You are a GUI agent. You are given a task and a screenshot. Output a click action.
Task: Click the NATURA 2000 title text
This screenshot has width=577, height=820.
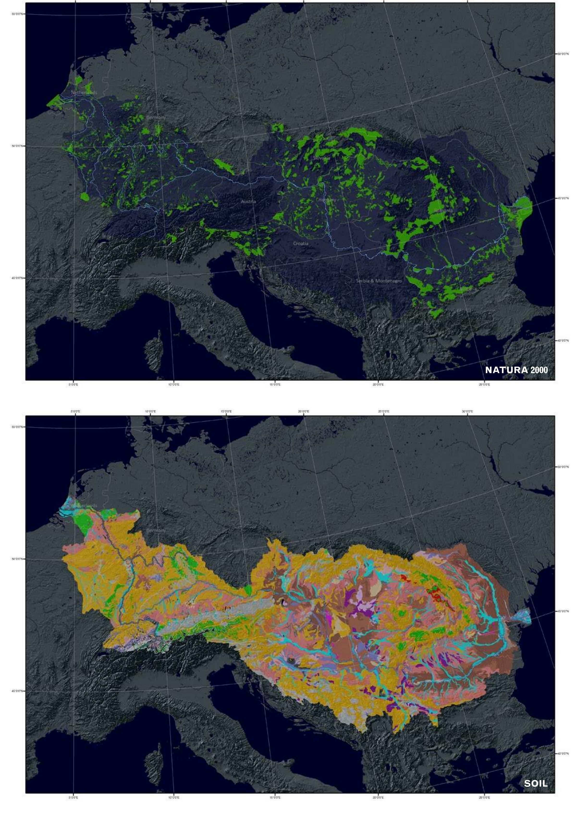pyautogui.click(x=516, y=370)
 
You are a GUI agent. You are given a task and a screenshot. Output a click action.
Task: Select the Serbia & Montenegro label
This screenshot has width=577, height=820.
pyautogui.click(x=379, y=281)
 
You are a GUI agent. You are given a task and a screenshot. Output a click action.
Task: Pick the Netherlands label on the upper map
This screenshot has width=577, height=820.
pyautogui.click(x=84, y=92)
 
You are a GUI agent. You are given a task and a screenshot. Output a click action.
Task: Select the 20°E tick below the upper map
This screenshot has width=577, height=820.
pyautogui.click(x=378, y=385)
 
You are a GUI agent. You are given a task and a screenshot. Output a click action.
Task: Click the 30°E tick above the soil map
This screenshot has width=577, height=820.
pyautogui.click(x=467, y=411)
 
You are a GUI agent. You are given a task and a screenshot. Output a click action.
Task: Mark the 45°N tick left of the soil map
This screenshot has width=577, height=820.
pyautogui.click(x=16, y=691)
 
